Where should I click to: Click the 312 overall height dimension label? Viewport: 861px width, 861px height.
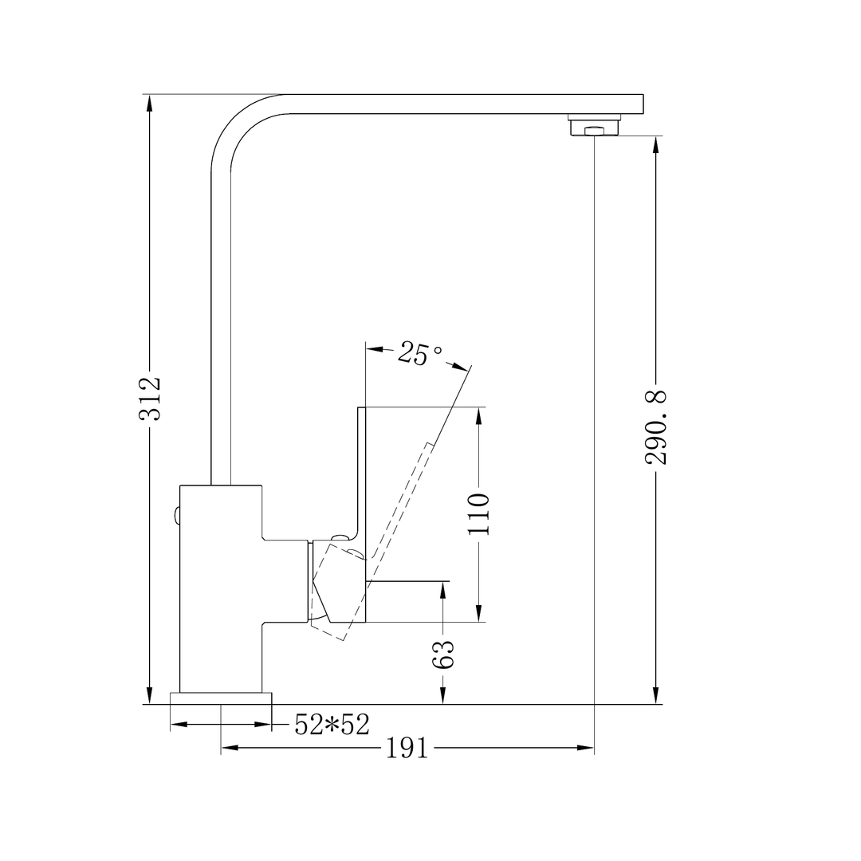point(150,397)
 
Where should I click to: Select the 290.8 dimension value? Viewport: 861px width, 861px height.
point(656,427)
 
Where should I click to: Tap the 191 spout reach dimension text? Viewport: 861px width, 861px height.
point(407,748)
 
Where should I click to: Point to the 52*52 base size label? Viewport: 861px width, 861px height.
point(332,724)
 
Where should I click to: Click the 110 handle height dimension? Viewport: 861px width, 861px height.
point(478,513)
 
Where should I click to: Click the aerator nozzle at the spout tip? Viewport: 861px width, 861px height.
point(594,128)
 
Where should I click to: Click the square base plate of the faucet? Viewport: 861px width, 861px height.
point(221,698)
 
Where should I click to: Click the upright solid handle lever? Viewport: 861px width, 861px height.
point(360,478)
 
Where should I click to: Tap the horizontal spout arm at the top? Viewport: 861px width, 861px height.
point(462,104)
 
